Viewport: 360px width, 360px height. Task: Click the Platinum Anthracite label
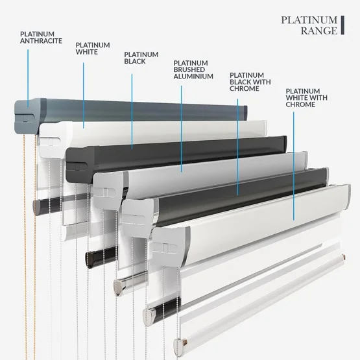click(41, 38)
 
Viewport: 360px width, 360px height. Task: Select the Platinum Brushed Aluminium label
click(193, 69)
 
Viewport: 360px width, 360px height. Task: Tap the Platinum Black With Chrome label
click(250, 82)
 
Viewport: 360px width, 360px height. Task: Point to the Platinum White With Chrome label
click(307, 97)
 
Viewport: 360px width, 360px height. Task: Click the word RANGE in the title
click(319, 30)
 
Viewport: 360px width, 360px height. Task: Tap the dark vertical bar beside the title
click(342, 25)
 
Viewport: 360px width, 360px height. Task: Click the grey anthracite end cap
click(27, 116)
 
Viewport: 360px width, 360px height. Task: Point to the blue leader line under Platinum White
click(83, 95)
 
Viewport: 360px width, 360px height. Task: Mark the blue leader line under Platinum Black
click(132, 112)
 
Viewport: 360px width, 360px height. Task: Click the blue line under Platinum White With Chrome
click(293, 166)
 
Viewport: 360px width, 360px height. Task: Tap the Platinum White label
click(93, 49)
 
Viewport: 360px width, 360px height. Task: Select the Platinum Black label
click(141, 58)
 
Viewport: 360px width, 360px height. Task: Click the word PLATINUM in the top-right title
click(309, 20)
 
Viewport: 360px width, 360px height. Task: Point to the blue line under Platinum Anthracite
click(28, 78)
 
